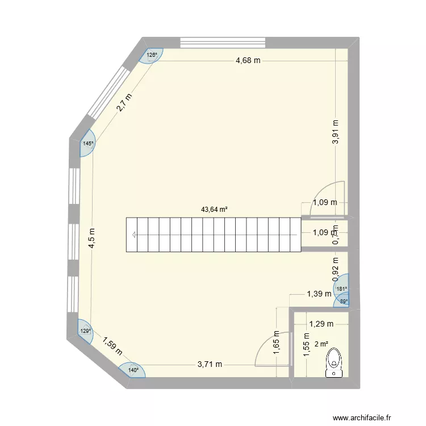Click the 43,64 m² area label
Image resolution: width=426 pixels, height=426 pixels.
[214, 209]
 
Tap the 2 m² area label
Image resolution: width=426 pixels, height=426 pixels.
[321, 344]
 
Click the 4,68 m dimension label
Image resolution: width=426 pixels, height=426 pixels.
[248, 60]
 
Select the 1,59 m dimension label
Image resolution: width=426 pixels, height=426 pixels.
[112, 346]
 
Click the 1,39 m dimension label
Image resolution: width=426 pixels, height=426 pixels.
[319, 294]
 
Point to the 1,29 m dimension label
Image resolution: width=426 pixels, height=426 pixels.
[320, 324]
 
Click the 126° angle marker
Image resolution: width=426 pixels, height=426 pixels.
[152, 55]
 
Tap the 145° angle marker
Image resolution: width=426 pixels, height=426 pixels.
[87, 144]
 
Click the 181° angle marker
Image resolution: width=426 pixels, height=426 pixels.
[341, 289]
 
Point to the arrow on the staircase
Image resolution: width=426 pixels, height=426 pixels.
[133, 235]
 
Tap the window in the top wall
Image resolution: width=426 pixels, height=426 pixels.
[223, 42]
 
